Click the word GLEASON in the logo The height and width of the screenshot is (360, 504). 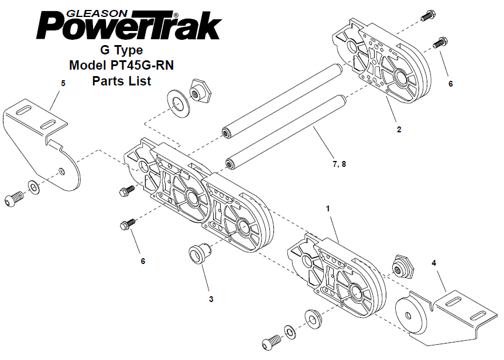[x=97, y=13]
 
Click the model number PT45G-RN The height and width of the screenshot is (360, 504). [x=142, y=65]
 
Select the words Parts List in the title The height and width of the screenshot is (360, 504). [x=122, y=81]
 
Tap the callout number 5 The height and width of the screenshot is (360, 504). [x=63, y=83]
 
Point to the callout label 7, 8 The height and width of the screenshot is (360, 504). [x=339, y=164]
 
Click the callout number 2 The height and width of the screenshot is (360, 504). [x=399, y=129]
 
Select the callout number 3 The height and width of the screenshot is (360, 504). [x=211, y=299]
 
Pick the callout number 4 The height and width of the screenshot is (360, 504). [x=434, y=263]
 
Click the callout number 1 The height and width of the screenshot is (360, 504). [x=328, y=208]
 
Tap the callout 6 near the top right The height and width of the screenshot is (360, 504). [x=450, y=84]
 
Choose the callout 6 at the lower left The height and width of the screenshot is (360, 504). [x=143, y=261]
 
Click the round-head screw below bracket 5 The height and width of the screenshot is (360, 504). [x=14, y=198]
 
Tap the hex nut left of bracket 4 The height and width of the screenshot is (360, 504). [x=402, y=268]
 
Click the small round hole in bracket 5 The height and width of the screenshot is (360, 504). [x=61, y=171]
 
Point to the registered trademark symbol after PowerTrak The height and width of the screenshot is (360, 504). [x=176, y=15]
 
